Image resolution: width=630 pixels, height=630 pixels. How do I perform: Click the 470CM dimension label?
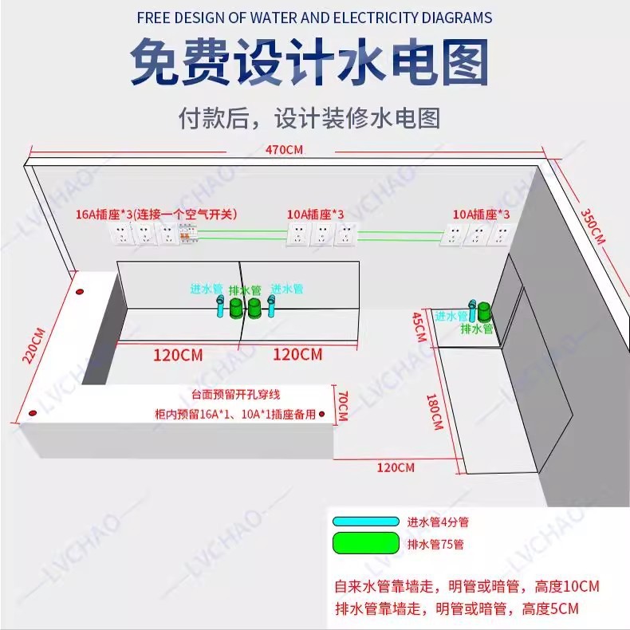(284, 149)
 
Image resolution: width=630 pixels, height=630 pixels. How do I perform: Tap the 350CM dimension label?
(592, 226)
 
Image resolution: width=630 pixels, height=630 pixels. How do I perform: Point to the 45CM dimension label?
(418, 327)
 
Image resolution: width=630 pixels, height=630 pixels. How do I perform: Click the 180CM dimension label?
(435, 411)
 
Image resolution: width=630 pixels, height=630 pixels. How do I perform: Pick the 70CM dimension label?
(343, 407)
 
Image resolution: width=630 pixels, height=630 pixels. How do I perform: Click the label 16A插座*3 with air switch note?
(156, 214)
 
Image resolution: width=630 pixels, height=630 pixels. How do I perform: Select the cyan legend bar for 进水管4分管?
(365, 522)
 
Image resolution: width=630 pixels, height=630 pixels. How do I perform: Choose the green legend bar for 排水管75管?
(365, 544)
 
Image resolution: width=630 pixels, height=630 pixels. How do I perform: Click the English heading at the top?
(314, 18)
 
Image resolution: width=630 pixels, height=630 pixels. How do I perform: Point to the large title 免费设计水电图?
(309, 63)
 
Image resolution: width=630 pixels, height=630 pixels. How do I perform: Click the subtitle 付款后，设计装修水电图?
(309, 119)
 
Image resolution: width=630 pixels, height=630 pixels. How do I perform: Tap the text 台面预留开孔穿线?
(236, 395)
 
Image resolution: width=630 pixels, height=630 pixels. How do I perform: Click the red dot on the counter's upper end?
(79, 290)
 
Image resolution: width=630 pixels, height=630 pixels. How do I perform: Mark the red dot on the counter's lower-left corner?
(33, 414)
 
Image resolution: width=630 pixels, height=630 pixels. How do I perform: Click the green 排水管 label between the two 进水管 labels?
(244, 289)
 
